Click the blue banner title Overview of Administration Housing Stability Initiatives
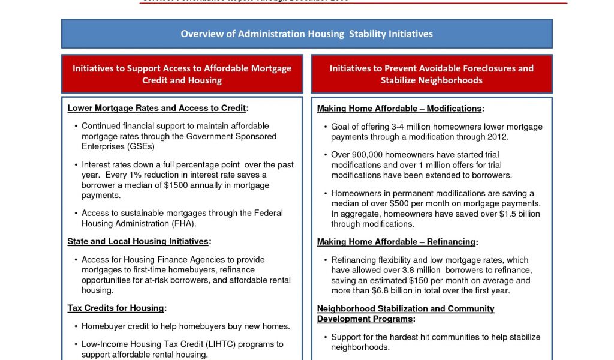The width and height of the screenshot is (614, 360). [x=306, y=34]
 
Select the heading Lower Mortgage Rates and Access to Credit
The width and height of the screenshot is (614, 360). [x=157, y=108]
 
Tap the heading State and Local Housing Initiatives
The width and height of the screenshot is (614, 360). [x=139, y=241]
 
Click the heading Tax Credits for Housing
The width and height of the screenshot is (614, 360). [x=116, y=308]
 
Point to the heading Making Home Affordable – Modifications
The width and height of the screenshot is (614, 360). [x=400, y=109]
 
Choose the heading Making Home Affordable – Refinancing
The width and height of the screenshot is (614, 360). [x=397, y=242]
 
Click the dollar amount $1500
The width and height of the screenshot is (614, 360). [x=175, y=185]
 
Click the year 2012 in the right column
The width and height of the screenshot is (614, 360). [x=498, y=137]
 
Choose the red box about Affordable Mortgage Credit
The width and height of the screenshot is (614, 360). [x=182, y=74]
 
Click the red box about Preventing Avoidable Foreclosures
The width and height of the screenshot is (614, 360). [x=431, y=74]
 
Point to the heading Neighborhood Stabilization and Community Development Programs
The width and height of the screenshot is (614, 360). [x=405, y=314]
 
